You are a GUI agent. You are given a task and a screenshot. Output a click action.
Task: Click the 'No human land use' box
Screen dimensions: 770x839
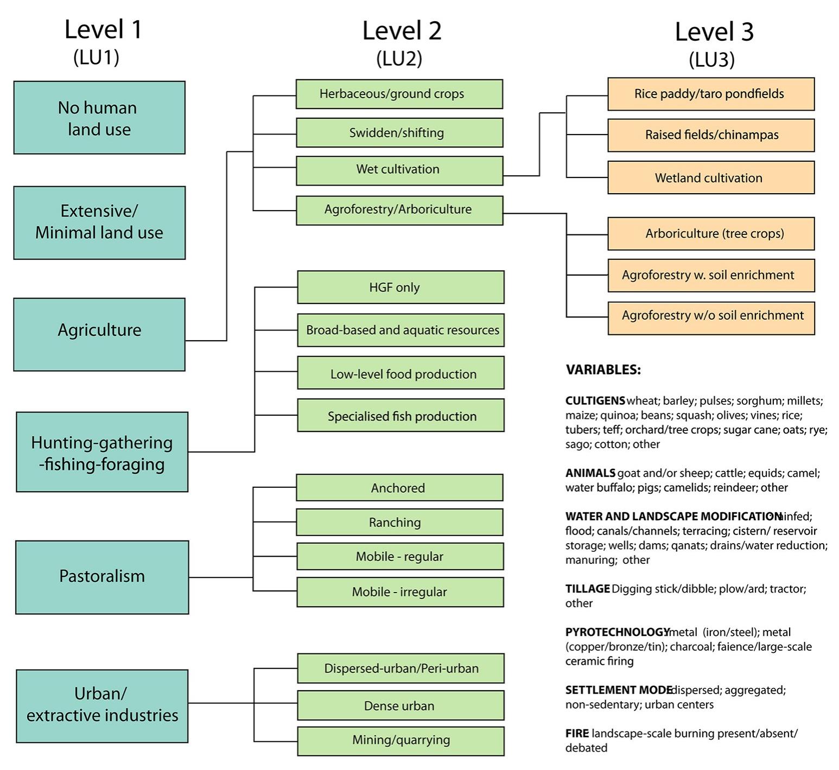99,118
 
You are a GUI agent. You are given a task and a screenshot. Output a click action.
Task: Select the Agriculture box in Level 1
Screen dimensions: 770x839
99,334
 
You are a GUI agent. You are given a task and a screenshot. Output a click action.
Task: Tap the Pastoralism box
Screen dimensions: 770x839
102,577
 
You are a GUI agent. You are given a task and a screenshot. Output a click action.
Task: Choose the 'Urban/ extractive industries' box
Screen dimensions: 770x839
102,705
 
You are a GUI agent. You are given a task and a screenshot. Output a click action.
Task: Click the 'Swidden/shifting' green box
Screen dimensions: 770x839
399,133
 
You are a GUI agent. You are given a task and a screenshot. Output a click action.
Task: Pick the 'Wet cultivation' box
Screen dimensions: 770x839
399,170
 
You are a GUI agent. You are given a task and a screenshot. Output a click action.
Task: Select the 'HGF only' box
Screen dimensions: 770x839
401,287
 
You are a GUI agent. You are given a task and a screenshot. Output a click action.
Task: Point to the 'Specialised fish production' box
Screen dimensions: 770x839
401,416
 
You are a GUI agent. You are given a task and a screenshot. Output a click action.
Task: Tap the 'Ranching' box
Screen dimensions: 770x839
399,522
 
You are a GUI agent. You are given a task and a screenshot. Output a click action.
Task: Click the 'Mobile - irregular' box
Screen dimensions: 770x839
399,592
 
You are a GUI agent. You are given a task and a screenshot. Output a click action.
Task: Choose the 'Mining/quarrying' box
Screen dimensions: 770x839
401,741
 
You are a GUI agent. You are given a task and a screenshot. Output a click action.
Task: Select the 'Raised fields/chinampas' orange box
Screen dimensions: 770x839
711,135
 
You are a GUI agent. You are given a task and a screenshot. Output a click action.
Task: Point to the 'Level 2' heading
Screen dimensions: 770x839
402,31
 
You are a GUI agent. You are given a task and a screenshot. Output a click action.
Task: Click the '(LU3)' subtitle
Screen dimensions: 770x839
711,60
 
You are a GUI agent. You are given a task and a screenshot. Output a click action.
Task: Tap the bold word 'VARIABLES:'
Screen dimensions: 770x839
603,370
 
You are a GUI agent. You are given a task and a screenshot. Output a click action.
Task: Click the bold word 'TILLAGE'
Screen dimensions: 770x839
588,589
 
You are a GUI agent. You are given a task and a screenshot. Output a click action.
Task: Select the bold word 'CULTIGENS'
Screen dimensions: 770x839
595,401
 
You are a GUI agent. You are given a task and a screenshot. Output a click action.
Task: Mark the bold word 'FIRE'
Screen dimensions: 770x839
577,734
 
